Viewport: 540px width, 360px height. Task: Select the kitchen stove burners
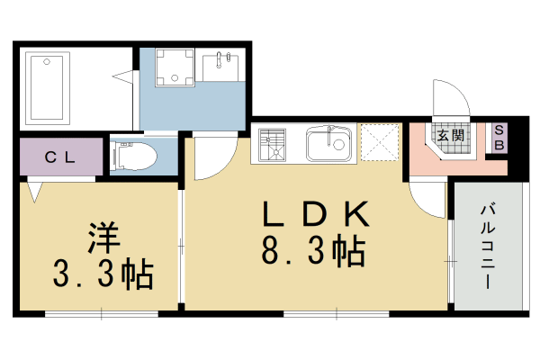(273, 144)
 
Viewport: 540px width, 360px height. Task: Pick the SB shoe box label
(499, 137)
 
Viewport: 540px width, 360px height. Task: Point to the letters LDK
(315, 214)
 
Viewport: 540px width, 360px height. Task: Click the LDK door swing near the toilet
(212, 158)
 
